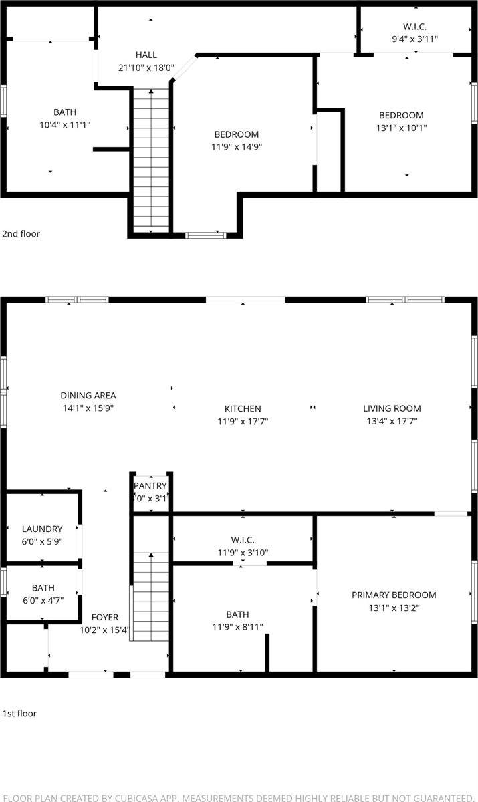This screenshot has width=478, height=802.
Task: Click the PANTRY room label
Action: click(x=150, y=486)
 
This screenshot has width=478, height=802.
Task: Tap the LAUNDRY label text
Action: click(x=42, y=529)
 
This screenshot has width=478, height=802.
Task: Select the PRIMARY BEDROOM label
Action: click(x=394, y=595)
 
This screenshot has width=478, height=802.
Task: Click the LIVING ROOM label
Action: click(x=392, y=408)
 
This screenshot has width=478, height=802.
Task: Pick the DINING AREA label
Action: click(x=88, y=395)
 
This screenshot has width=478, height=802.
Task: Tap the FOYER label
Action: click(x=105, y=618)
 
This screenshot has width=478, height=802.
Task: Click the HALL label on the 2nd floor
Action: click(x=146, y=55)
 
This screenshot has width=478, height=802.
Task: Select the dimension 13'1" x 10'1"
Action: click(x=401, y=128)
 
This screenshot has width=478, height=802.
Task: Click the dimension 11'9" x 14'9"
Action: click(x=236, y=147)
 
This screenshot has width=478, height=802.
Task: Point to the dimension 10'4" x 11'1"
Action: click(x=65, y=124)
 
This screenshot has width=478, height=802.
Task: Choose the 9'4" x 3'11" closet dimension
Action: click(x=414, y=39)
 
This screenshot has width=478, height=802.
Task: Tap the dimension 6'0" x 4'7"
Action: click(x=43, y=600)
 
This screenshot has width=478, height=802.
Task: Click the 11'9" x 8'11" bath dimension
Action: click(x=237, y=627)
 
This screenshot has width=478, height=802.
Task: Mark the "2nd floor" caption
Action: click(x=21, y=234)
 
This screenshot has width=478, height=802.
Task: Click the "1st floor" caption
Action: click(x=19, y=713)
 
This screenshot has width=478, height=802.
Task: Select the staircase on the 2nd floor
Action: click(x=150, y=160)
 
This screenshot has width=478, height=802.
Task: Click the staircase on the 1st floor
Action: click(x=150, y=595)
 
